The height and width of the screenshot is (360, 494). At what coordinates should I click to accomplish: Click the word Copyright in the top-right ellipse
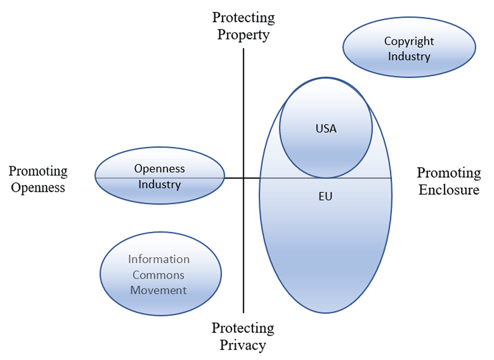click(x=409, y=42)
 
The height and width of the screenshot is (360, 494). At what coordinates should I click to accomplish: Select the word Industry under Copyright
click(x=409, y=56)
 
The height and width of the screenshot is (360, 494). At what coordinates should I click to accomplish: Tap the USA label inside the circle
click(x=326, y=129)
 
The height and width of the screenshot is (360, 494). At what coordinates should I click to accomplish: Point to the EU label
click(x=325, y=197)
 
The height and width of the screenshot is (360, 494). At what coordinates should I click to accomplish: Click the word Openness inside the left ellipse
click(x=160, y=169)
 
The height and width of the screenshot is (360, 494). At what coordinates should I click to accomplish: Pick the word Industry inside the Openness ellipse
click(x=160, y=184)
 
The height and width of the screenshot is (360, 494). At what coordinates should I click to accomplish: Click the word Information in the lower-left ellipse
click(x=159, y=260)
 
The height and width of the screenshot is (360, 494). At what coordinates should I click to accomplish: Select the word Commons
click(x=158, y=275)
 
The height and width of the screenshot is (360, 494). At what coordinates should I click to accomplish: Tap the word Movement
click(x=158, y=290)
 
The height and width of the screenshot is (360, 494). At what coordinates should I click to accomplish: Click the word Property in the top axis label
click(x=243, y=35)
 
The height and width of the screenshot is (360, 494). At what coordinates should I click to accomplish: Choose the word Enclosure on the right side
click(x=449, y=190)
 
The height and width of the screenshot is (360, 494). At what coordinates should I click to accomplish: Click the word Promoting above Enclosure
click(x=449, y=173)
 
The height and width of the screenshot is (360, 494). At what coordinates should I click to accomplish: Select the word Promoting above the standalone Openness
click(x=38, y=171)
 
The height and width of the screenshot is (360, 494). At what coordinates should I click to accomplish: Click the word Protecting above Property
click(x=243, y=18)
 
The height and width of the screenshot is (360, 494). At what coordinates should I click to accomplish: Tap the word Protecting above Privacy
click(x=243, y=328)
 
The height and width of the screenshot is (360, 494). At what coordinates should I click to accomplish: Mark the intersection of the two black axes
click(x=244, y=178)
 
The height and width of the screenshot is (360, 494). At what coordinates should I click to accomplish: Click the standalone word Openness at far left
click(x=38, y=188)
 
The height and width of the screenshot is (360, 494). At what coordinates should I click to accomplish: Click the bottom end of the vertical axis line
click(x=244, y=312)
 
